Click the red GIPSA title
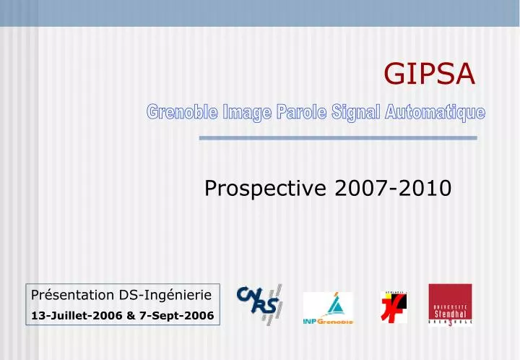429,72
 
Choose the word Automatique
435,112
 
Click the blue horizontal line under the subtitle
337,137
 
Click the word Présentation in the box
73,295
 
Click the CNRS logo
258,304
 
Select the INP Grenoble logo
328,308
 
